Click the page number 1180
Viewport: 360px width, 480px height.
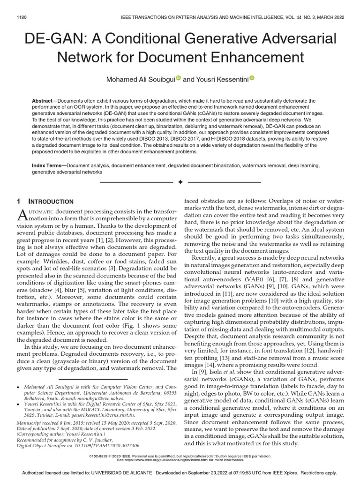pos(22,17)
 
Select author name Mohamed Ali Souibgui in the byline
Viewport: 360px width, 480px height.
pos(141,79)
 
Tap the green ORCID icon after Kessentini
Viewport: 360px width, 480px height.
pos(251,78)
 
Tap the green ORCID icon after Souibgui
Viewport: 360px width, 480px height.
pos(178,78)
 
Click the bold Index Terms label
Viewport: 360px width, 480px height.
pos(48,166)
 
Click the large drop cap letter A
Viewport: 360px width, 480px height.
pos(23,215)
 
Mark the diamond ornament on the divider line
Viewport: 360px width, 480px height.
pos(180,181)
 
